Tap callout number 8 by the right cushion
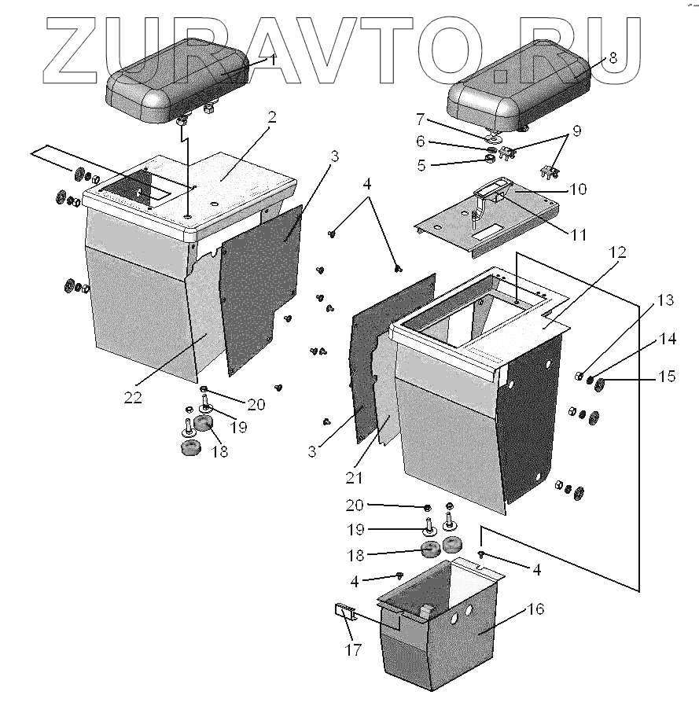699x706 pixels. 613,57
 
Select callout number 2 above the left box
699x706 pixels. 271,117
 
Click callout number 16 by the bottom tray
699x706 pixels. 535,609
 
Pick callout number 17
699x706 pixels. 352,650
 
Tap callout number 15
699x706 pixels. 666,377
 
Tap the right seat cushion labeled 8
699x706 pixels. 519,88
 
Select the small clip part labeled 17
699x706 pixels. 343,611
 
